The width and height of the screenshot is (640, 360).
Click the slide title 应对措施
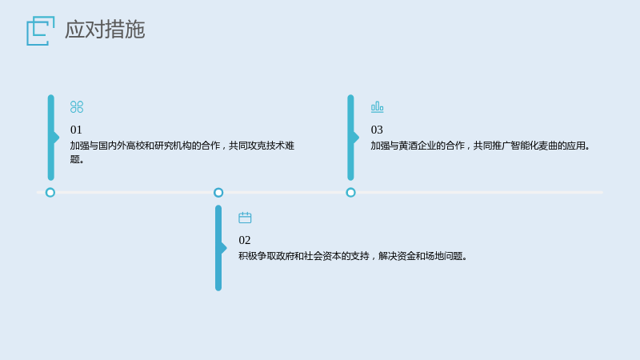105,30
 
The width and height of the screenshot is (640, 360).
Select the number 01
76,130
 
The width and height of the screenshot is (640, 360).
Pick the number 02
245,240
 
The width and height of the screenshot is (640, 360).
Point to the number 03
377,130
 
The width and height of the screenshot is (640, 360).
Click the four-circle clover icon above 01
77,107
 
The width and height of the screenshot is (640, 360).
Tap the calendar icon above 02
245,218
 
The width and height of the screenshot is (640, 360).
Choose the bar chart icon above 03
377,107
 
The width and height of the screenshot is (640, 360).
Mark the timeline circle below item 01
50,189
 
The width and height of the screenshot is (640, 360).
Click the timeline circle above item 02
218,189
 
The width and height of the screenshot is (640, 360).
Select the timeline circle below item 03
350,189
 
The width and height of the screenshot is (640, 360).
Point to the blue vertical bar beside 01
51,138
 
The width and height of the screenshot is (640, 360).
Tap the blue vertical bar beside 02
218,248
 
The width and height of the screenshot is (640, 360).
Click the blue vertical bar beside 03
350,138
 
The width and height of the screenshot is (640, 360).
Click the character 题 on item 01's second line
74,159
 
